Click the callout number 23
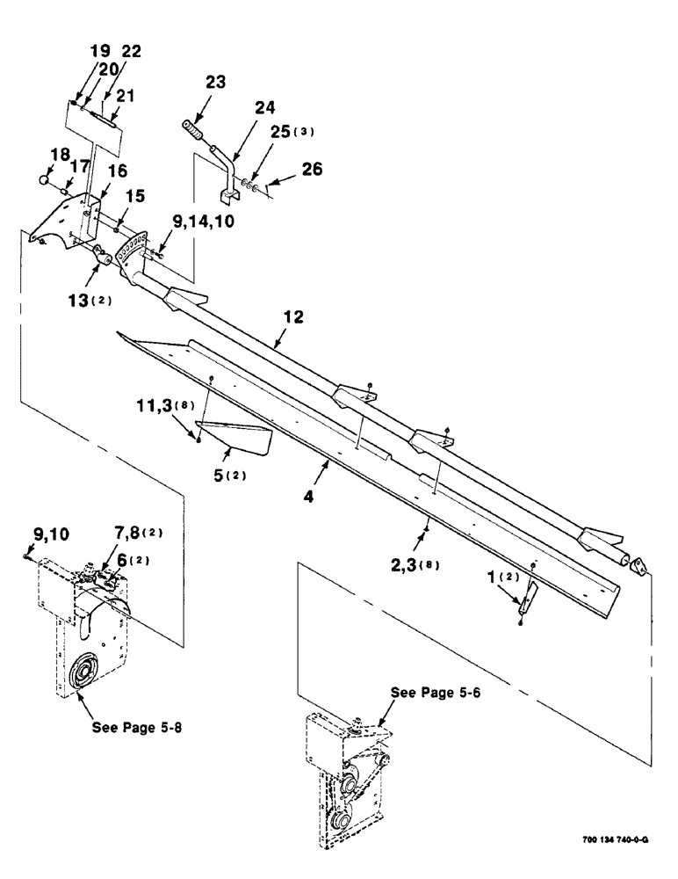[214, 82]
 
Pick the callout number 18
[59, 155]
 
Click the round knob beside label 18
[43, 180]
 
